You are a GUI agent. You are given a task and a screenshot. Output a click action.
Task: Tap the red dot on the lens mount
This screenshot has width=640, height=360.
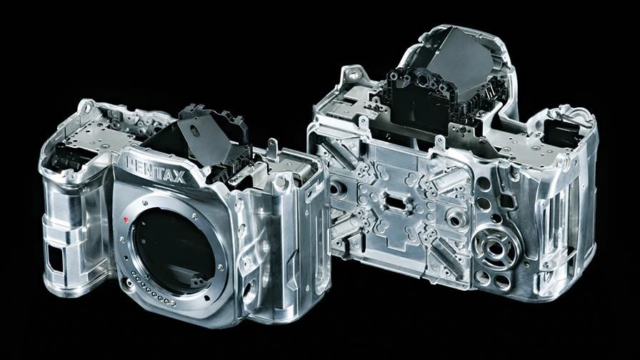click(x=126, y=220)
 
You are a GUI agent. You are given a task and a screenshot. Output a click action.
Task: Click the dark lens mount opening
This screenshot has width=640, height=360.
click(x=174, y=250)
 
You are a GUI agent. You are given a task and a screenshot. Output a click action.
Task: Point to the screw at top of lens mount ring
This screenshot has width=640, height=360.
click(x=145, y=202)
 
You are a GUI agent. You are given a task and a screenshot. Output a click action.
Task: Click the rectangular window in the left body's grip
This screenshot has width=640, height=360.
click(x=55, y=259)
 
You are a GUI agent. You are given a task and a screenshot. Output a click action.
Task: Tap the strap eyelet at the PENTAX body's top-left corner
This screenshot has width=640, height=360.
click(x=86, y=106)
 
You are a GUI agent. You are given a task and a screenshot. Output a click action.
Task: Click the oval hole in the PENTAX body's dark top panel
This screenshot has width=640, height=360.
click(x=195, y=131)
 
